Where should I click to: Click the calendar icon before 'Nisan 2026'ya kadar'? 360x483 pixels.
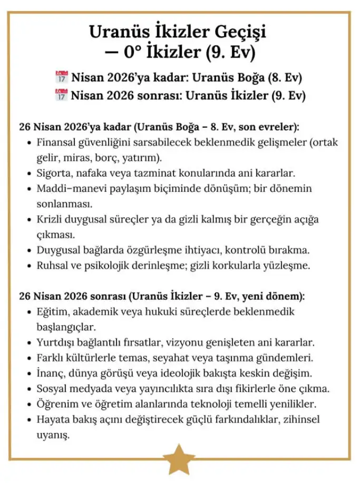point(62,78)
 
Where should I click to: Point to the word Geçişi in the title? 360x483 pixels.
point(240,32)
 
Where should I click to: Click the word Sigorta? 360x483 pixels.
point(54,172)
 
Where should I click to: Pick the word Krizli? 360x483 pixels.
point(50,218)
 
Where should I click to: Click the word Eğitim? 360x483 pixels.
point(52,311)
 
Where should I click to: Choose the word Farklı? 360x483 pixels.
point(51,358)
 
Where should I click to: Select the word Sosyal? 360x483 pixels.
point(53,389)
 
